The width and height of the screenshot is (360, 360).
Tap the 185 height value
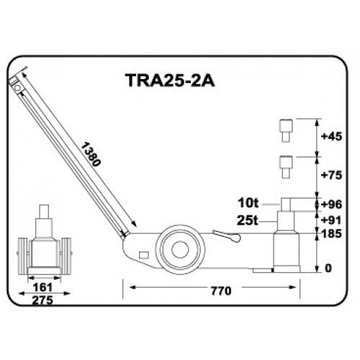click(331, 235)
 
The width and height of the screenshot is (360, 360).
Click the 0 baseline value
click(328, 269)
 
